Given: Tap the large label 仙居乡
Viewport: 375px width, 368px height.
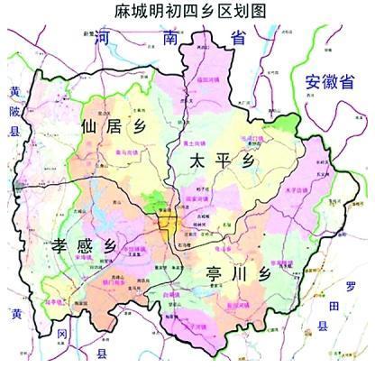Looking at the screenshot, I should (114, 126).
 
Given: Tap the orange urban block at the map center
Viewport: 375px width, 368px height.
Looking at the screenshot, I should (168, 224).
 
